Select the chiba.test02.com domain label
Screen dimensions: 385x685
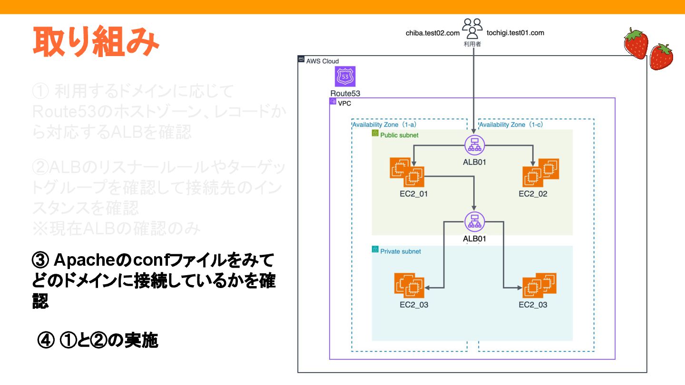[x=432, y=33]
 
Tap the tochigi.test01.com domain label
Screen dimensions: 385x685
[x=515, y=33]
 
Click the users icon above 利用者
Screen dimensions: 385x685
[x=472, y=29]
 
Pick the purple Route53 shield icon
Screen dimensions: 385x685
[x=345, y=77]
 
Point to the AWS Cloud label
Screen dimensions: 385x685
[x=323, y=61]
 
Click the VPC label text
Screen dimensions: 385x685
[x=344, y=103]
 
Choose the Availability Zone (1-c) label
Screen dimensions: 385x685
[x=511, y=125]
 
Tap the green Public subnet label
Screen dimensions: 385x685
[x=399, y=135]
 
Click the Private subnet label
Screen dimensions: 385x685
[x=400, y=251]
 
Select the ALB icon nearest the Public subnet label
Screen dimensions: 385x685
[x=474, y=144]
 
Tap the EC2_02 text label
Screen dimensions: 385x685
[x=533, y=194]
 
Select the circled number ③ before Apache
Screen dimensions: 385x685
[x=39, y=260]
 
